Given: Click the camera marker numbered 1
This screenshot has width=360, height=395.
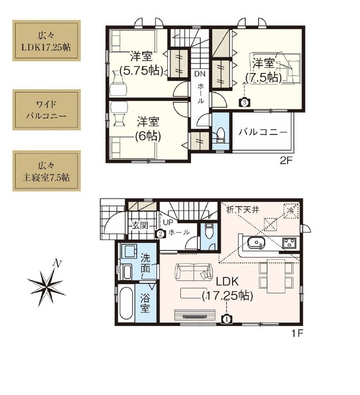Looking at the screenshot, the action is click(x=226, y=319).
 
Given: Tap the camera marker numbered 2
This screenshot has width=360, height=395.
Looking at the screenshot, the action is click(x=160, y=234).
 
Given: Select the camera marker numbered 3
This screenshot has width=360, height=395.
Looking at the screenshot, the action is click(x=244, y=102).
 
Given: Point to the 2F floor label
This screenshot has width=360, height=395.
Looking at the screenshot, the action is click(x=285, y=160).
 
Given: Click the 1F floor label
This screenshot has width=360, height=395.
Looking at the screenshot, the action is click(x=297, y=333).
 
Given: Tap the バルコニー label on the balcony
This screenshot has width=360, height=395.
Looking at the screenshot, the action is click(x=263, y=132).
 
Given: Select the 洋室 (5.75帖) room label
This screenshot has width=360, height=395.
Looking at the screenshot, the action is click(x=141, y=63).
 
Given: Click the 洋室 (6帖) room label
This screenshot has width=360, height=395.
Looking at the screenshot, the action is click(x=148, y=129).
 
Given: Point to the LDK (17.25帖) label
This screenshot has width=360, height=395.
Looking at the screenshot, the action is click(x=227, y=288).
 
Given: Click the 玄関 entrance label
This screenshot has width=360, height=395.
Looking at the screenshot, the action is click(x=140, y=226).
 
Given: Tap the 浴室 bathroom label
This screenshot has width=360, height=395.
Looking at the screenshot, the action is click(x=145, y=303).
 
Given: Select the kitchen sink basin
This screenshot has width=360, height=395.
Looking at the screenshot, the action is click(x=256, y=243).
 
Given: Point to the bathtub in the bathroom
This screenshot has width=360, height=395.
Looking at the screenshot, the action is click(x=126, y=304).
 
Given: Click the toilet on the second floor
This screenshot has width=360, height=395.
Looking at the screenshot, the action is click(x=220, y=136).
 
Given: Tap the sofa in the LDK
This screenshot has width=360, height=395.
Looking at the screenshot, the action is click(x=194, y=272).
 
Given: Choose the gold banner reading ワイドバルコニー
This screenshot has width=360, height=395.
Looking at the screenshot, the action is click(x=47, y=110).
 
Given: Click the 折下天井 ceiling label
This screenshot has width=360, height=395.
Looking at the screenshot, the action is click(x=243, y=210).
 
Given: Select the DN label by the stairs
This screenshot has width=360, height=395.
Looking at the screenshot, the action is click(x=200, y=74).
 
